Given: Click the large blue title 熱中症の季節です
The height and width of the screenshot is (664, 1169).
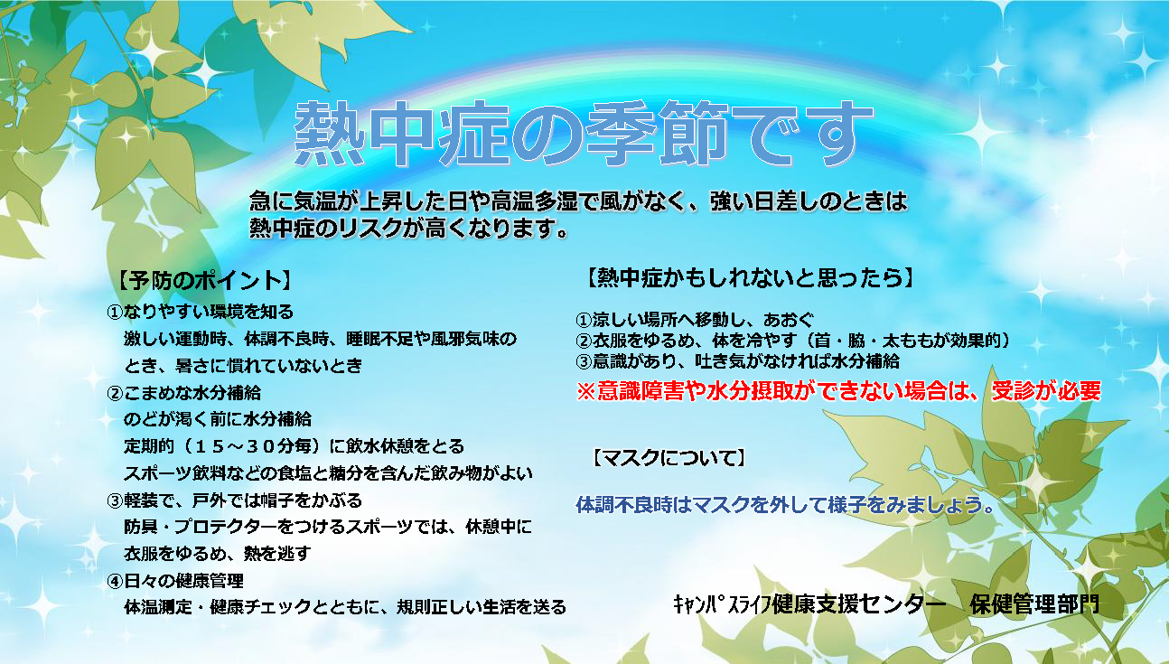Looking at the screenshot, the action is [x=584, y=134].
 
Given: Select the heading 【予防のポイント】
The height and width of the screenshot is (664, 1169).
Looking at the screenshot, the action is [x=203, y=280].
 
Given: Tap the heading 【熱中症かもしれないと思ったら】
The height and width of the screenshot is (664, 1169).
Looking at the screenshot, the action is [x=750, y=277].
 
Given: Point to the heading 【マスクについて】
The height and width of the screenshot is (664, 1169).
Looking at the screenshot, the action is [x=669, y=458].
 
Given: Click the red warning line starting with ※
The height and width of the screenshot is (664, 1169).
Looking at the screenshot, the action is [x=838, y=391].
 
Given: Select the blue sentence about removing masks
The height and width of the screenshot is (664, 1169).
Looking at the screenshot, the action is [x=785, y=505].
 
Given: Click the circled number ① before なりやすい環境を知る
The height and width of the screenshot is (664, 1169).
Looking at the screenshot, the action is [x=115, y=313].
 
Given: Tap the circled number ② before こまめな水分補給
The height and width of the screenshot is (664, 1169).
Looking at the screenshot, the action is [x=115, y=393].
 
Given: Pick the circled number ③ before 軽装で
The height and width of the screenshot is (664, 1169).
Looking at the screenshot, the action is [x=115, y=501].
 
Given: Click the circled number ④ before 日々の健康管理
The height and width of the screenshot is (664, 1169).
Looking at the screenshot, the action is [x=115, y=582].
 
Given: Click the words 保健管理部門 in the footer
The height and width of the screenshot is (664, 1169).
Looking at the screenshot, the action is [x=1035, y=604].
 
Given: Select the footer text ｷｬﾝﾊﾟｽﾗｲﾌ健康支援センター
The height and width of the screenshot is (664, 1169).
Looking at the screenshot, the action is [x=809, y=604].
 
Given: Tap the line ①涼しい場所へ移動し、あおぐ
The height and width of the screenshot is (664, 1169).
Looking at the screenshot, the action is [x=695, y=320].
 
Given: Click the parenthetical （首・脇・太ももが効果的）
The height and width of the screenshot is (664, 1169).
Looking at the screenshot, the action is [x=906, y=341].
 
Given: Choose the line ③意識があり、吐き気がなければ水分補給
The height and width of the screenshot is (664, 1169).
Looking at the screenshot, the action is [x=737, y=361].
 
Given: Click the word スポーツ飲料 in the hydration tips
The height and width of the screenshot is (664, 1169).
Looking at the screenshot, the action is [x=175, y=473].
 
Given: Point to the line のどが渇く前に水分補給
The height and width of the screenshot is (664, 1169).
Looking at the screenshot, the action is [x=218, y=419].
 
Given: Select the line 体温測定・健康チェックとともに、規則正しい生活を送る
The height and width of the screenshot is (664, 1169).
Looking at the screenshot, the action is [x=345, y=607].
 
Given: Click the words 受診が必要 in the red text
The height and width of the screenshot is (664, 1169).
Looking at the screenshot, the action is [x=1046, y=391].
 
